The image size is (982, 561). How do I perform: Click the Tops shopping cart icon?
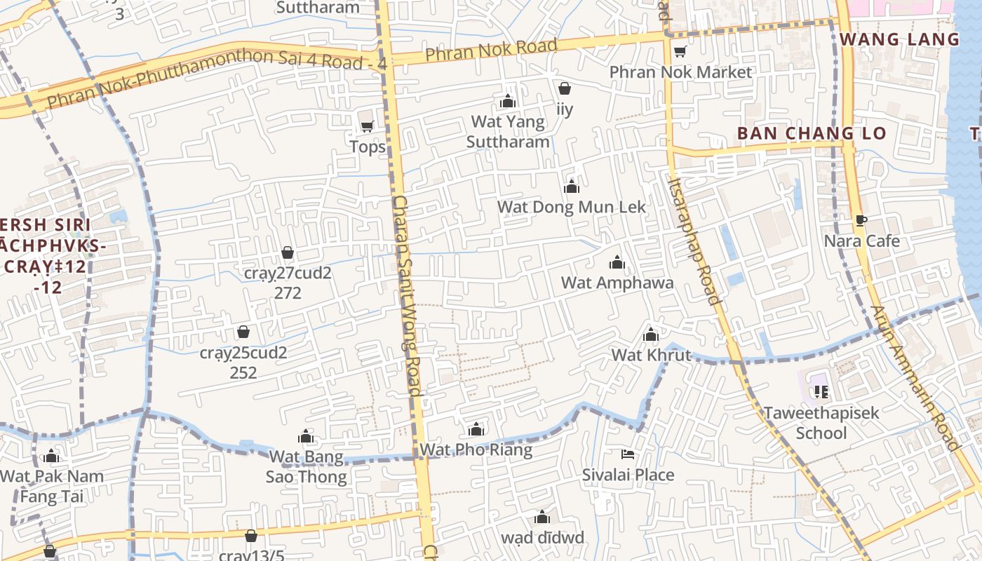[x=366, y=126]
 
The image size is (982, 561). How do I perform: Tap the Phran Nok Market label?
[x=680, y=72]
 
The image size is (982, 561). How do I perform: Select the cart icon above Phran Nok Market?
[x=679, y=51]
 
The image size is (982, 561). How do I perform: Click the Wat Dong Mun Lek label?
[x=571, y=207]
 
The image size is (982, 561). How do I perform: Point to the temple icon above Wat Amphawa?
[x=617, y=263]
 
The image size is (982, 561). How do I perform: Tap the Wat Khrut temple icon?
[x=651, y=334]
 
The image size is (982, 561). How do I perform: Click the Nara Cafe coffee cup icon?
[x=861, y=221]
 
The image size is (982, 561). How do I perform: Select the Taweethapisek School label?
[x=821, y=422]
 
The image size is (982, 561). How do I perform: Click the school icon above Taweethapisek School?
[x=821, y=391]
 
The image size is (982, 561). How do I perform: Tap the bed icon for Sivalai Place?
[x=628, y=454]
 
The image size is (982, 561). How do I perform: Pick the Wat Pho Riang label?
[x=476, y=450]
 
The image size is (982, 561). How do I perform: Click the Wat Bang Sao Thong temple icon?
[x=306, y=437]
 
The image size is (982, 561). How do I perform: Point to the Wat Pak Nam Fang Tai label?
[x=51, y=486]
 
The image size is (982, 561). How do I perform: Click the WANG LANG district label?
[x=899, y=39]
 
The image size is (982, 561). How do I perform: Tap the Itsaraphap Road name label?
[x=694, y=241]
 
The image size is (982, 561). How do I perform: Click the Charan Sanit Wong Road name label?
[x=406, y=295]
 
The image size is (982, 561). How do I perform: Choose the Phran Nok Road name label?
[x=491, y=50]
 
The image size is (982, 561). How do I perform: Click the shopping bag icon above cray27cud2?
[x=287, y=252]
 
